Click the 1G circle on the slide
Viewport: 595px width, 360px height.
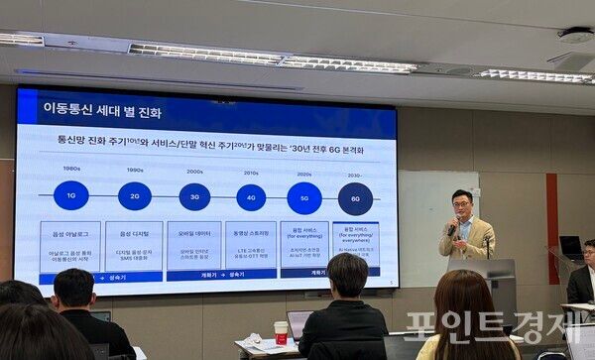(71, 195)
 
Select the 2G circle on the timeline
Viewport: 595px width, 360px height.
(135, 196)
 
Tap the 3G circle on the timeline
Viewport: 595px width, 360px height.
(194, 196)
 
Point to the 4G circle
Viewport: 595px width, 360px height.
(250, 197)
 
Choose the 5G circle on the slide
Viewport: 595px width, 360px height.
(304, 197)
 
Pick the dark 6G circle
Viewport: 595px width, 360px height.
(355, 198)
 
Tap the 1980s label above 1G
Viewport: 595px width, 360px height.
(71, 169)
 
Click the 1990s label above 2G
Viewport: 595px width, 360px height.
(135, 170)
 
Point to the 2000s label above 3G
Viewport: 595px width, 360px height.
(194, 171)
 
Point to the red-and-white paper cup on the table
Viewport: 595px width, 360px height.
(281, 332)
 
